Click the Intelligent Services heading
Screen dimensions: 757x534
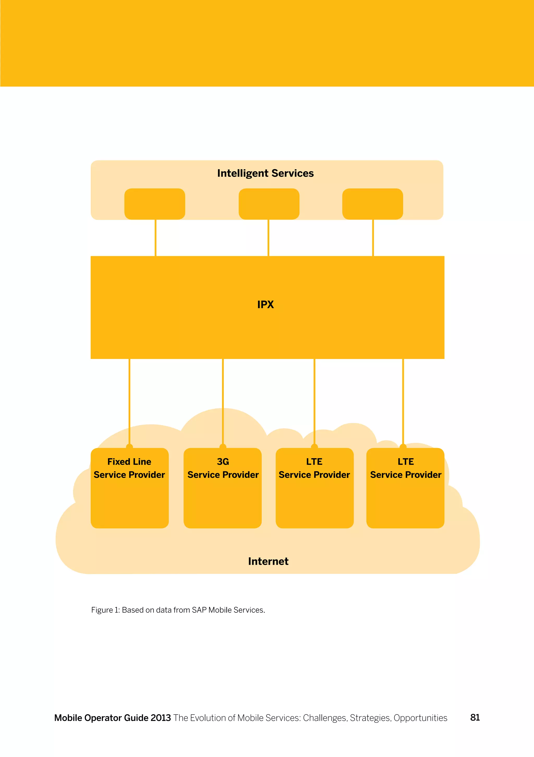click(265, 173)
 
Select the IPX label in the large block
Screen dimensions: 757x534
click(265, 304)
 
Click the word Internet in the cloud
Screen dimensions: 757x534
click(268, 561)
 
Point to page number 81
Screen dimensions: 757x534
click(475, 717)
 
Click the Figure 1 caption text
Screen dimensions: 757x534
click(178, 610)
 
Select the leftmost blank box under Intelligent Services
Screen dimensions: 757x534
click(154, 204)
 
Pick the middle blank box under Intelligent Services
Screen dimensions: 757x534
click(269, 204)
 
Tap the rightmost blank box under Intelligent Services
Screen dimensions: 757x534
click(372, 204)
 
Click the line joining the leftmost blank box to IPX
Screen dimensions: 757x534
click(155, 238)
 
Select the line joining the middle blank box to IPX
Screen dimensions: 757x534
click(268, 238)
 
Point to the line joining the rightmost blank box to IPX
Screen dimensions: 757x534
click(373, 238)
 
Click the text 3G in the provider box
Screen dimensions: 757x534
click(223, 462)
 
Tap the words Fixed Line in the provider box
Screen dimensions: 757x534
click(129, 462)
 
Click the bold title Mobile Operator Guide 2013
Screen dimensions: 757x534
click(113, 718)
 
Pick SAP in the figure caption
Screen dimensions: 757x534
click(199, 610)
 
